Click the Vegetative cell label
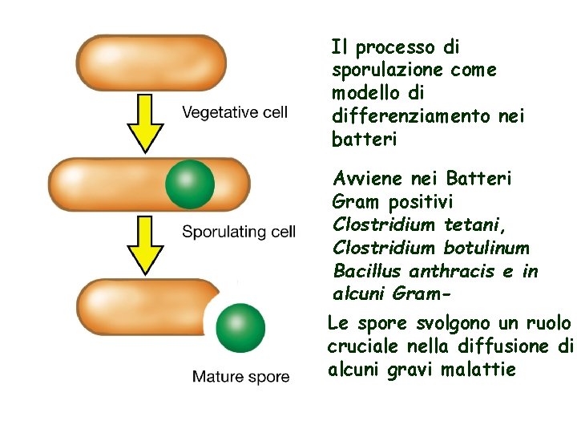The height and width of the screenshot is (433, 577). tap(234, 112)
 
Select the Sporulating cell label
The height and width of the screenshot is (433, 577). tap(239, 232)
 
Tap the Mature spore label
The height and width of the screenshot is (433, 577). tap(240, 377)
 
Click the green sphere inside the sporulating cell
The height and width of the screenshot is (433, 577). tap(190, 184)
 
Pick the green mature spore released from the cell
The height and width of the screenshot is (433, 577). tap(240, 328)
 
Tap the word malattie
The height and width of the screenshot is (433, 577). tap(478, 370)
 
